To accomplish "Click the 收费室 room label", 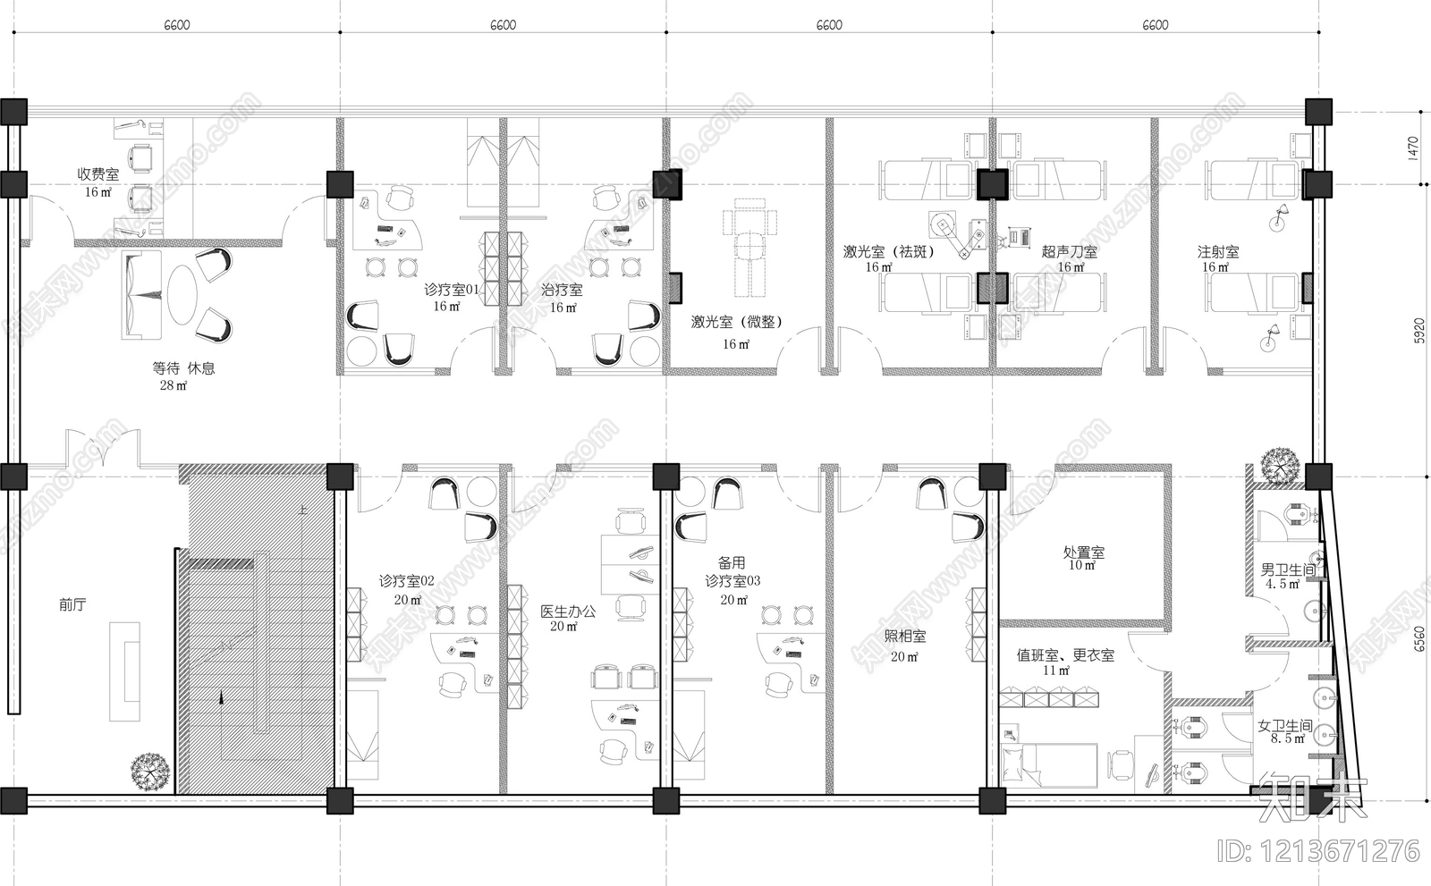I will click(97, 174).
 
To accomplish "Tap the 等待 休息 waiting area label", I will click(183, 367).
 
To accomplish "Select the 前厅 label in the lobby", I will click(72, 604).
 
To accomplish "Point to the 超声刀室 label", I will click(1069, 252).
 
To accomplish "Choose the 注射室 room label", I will click(1218, 252).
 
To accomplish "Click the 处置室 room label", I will click(1083, 553).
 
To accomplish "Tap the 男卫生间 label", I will click(1287, 569).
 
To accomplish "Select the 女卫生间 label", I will click(1285, 726).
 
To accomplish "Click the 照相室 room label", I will click(905, 636).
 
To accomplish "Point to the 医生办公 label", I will click(567, 612).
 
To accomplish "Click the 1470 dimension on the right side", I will click(1412, 148).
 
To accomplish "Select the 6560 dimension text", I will click(1412, 640).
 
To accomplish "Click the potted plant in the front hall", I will click(150, 770).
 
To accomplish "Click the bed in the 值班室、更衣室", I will click(1049, 764).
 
